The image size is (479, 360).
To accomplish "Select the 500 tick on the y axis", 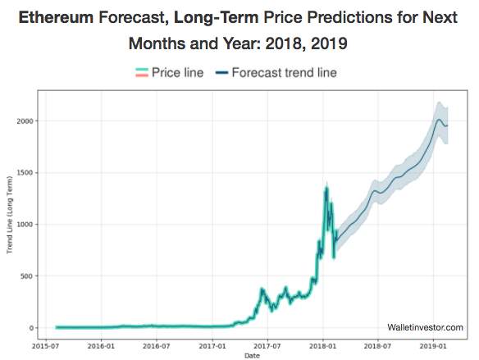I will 30,276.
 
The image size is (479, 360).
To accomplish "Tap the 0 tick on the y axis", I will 34,327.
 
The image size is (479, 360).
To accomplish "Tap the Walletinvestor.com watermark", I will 425,327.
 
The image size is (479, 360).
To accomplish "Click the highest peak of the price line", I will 326,189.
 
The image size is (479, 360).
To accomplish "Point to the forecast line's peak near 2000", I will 440,121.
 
